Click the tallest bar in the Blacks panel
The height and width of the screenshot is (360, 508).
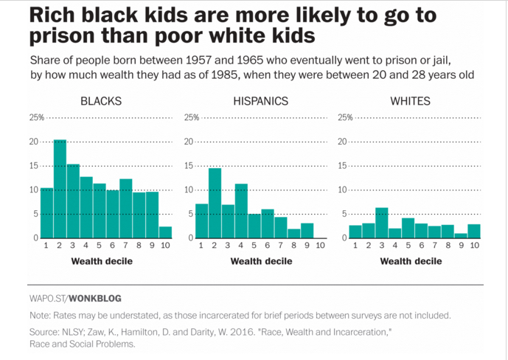point(60,189)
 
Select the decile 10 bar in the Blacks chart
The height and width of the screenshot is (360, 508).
point(166,232)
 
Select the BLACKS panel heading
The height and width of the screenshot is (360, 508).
point(101,101)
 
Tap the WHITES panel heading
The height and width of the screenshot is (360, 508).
point(410,101)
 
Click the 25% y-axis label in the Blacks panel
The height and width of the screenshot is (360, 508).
point(36,118)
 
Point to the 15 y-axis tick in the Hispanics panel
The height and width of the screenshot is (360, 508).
point(189,166)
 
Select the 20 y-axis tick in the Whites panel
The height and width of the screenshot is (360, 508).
point(342,142)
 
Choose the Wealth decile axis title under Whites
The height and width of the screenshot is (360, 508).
point(411,261)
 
